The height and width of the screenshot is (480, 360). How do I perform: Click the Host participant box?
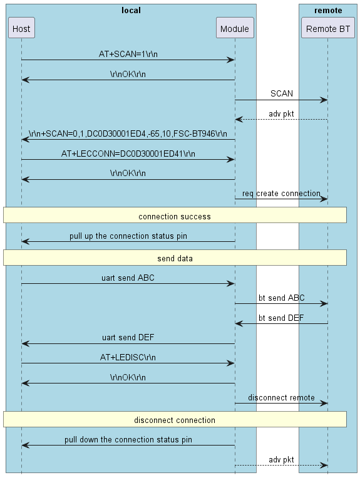[21, 28]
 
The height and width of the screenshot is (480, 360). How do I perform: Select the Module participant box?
[235, 28]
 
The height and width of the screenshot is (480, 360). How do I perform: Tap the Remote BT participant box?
[327, 28]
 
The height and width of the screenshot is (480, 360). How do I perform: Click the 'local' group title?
[131, 10]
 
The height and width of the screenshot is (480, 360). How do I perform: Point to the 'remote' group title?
[327, 10]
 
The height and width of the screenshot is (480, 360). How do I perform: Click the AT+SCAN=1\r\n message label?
[128, 54]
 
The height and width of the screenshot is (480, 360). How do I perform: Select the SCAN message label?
[281, 93]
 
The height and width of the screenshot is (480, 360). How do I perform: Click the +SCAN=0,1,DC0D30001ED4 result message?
[128, 133]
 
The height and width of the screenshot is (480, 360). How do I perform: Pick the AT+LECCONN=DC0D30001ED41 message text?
[128, 153]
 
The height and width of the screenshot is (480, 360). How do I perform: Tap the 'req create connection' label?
[281, 193]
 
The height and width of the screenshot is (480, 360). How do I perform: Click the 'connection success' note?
[175, 216]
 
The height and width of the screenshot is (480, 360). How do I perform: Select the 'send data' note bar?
[175, 258]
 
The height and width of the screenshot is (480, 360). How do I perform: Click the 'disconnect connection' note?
[175, 420]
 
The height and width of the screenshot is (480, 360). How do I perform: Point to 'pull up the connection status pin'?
[128, 236]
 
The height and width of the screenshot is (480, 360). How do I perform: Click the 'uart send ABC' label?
[128, 278]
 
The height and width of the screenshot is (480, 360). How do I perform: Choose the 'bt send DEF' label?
[281, 318]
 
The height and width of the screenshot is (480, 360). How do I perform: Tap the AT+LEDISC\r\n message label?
[128, 357]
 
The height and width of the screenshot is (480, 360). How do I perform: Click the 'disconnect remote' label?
[281, 397]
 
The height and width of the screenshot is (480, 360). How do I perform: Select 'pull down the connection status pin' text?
[128, 439]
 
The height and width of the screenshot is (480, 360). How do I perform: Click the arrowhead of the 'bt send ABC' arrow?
[324, 303]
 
